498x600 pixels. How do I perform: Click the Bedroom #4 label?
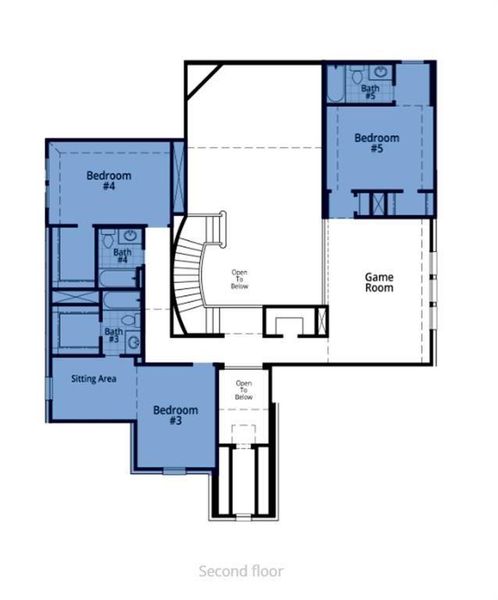(x=103, y=180)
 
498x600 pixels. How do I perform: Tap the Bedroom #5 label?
(x=377, y=144)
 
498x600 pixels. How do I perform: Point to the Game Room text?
(x=379, y=281)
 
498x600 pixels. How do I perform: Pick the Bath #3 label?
(x=114, y=336)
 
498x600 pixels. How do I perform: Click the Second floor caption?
(x=240, y=571)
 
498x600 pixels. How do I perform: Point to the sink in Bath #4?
(x=128, y=237)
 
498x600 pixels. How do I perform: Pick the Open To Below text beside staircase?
(x=241, y=279)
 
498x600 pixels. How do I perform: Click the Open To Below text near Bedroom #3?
(x=244, y=390)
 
